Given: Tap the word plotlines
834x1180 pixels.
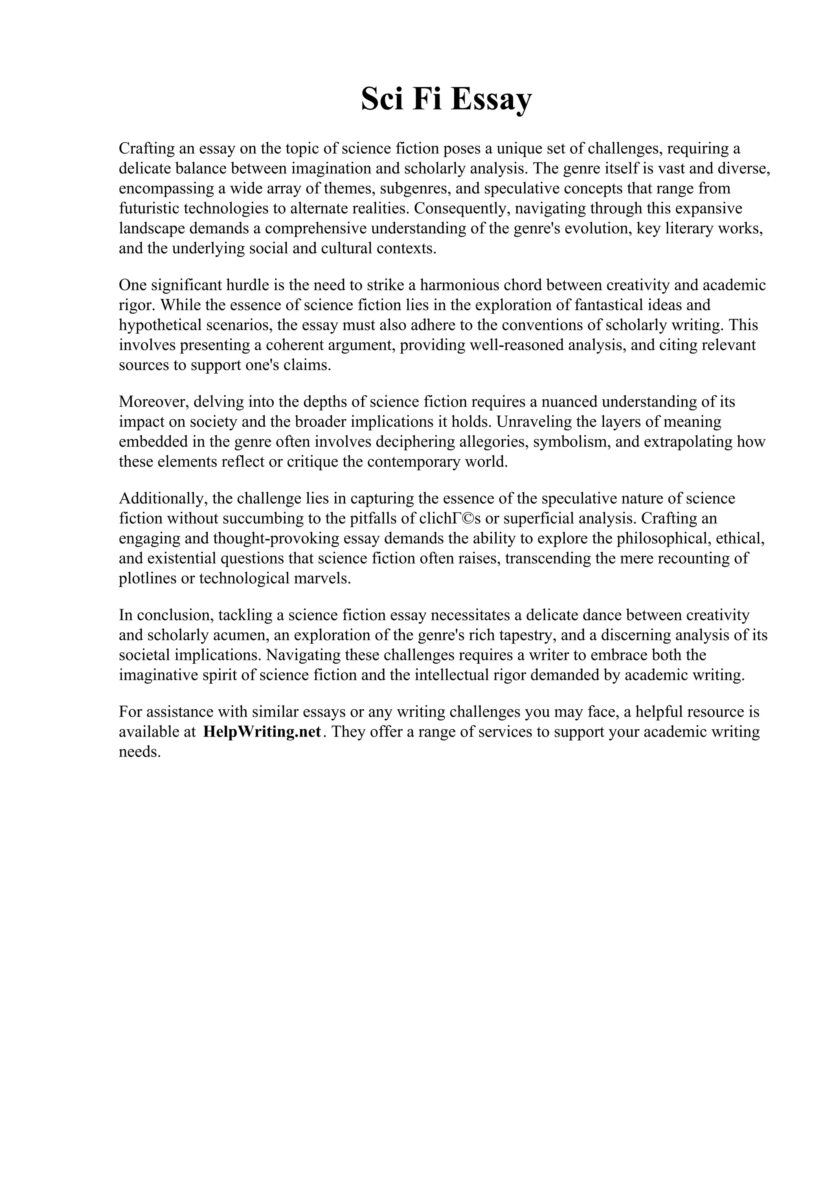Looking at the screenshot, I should (x=145, y=578).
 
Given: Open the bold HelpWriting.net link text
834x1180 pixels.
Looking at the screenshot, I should (x=262, y=732).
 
